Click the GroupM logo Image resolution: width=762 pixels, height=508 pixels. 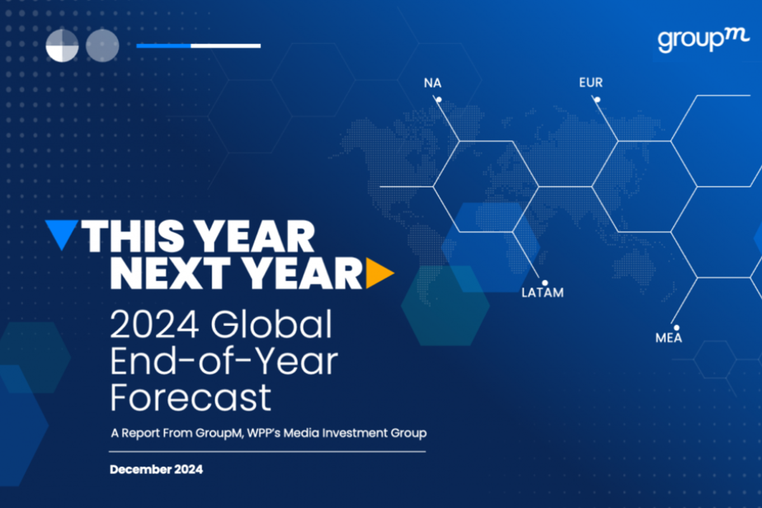click(703, 41)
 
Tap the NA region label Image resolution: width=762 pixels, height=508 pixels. click(432, 83)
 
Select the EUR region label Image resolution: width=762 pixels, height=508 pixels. click(591, 83)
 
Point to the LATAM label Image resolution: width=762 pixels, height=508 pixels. click(542, 293)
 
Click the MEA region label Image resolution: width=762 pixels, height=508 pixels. click(669, 338)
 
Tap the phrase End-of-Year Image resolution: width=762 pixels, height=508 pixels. click(224, 361)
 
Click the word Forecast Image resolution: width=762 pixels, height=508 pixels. click(190, 398)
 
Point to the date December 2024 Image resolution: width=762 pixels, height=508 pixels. click(156, 469)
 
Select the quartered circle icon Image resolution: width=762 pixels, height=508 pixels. click(62, 46)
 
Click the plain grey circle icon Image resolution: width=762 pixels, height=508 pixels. click(102, 46)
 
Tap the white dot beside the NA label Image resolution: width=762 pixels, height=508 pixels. click(439, 100)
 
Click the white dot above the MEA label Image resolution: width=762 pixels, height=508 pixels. click(677, 328)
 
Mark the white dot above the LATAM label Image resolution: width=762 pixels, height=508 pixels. click(545, 283)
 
